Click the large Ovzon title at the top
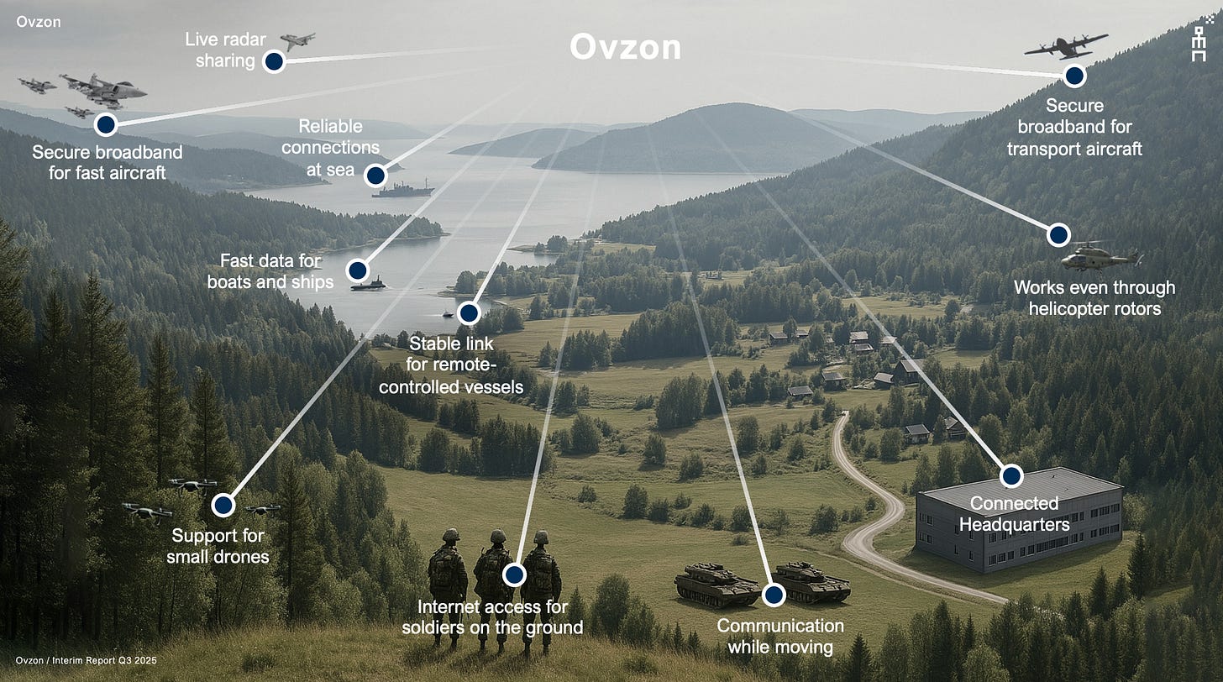625,47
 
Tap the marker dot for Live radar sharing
273,61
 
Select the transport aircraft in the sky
1065,45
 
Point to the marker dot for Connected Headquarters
1011,476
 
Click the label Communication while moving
779,636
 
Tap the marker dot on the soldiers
514,574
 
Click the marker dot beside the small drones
223,505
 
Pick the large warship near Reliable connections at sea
403,191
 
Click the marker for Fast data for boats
358,270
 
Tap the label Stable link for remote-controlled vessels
451,365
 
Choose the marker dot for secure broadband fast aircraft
105,125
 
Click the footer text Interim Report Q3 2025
87,661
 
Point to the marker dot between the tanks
773,595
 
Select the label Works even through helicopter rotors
1094,298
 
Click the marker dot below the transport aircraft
1073,76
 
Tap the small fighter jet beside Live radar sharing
297,40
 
